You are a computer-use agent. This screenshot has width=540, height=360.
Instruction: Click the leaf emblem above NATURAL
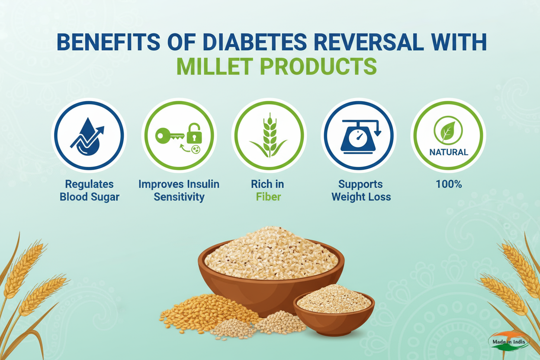(448, 131)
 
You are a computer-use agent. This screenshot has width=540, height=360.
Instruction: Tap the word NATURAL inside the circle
(448, 152)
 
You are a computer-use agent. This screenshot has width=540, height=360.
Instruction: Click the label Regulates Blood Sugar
(90, 190)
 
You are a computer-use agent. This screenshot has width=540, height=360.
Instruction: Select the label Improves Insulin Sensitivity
(179, 190)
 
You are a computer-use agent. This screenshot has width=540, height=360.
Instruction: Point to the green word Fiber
(268, 197)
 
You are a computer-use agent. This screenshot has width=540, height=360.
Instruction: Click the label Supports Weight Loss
(361, 190)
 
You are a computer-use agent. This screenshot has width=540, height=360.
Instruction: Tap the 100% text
(449, 184)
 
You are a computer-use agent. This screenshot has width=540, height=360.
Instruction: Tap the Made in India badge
(509, 342)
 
